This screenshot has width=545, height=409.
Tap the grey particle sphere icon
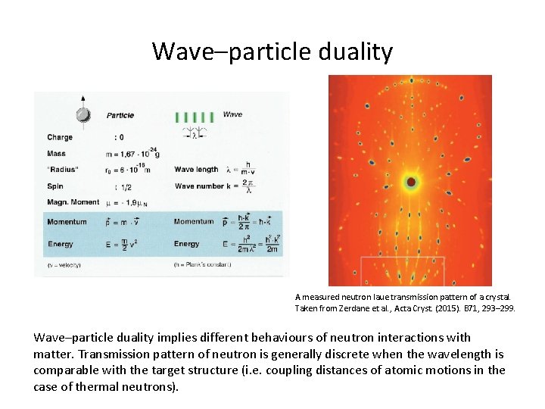point(83,115)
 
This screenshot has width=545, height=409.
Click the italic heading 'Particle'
point(120,116)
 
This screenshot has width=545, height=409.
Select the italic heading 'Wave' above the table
point(232,114)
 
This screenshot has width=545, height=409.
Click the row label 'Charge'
point(60,137)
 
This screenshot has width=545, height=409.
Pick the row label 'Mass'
point(57,153)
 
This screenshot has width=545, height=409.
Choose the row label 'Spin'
point(55,186)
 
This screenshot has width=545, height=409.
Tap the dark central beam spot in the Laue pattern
point(411,182)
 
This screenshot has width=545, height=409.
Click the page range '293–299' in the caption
point(496,308)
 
